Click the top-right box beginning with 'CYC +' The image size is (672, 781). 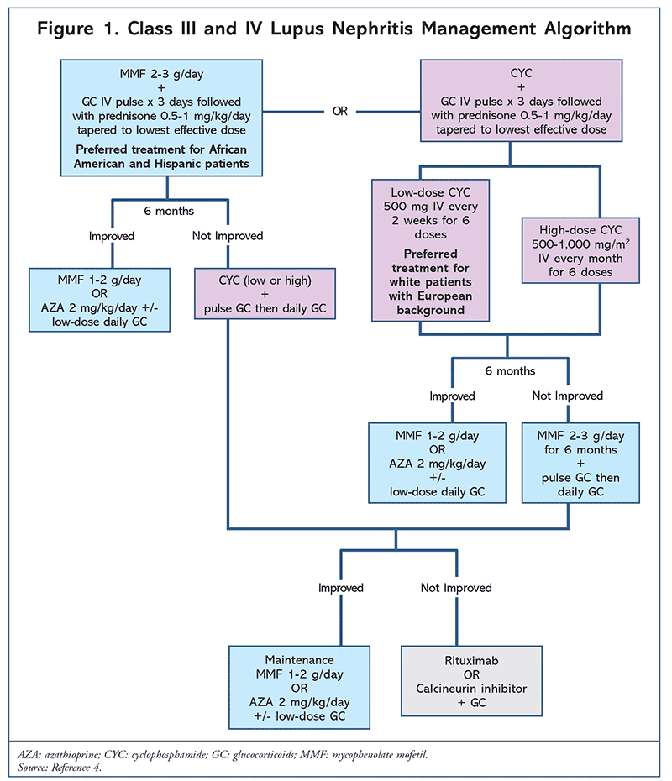[507, 102]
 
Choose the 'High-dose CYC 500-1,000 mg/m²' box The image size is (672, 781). [567, 250]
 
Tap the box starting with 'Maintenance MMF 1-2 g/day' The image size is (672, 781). [298, 687]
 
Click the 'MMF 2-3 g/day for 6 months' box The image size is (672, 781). [573, 463]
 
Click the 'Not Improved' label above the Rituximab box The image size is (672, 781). [456, 588]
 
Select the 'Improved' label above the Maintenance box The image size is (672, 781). [340, 588]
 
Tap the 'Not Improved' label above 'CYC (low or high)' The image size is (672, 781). [228, 236]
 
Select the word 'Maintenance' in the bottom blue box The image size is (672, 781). [298, 660]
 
